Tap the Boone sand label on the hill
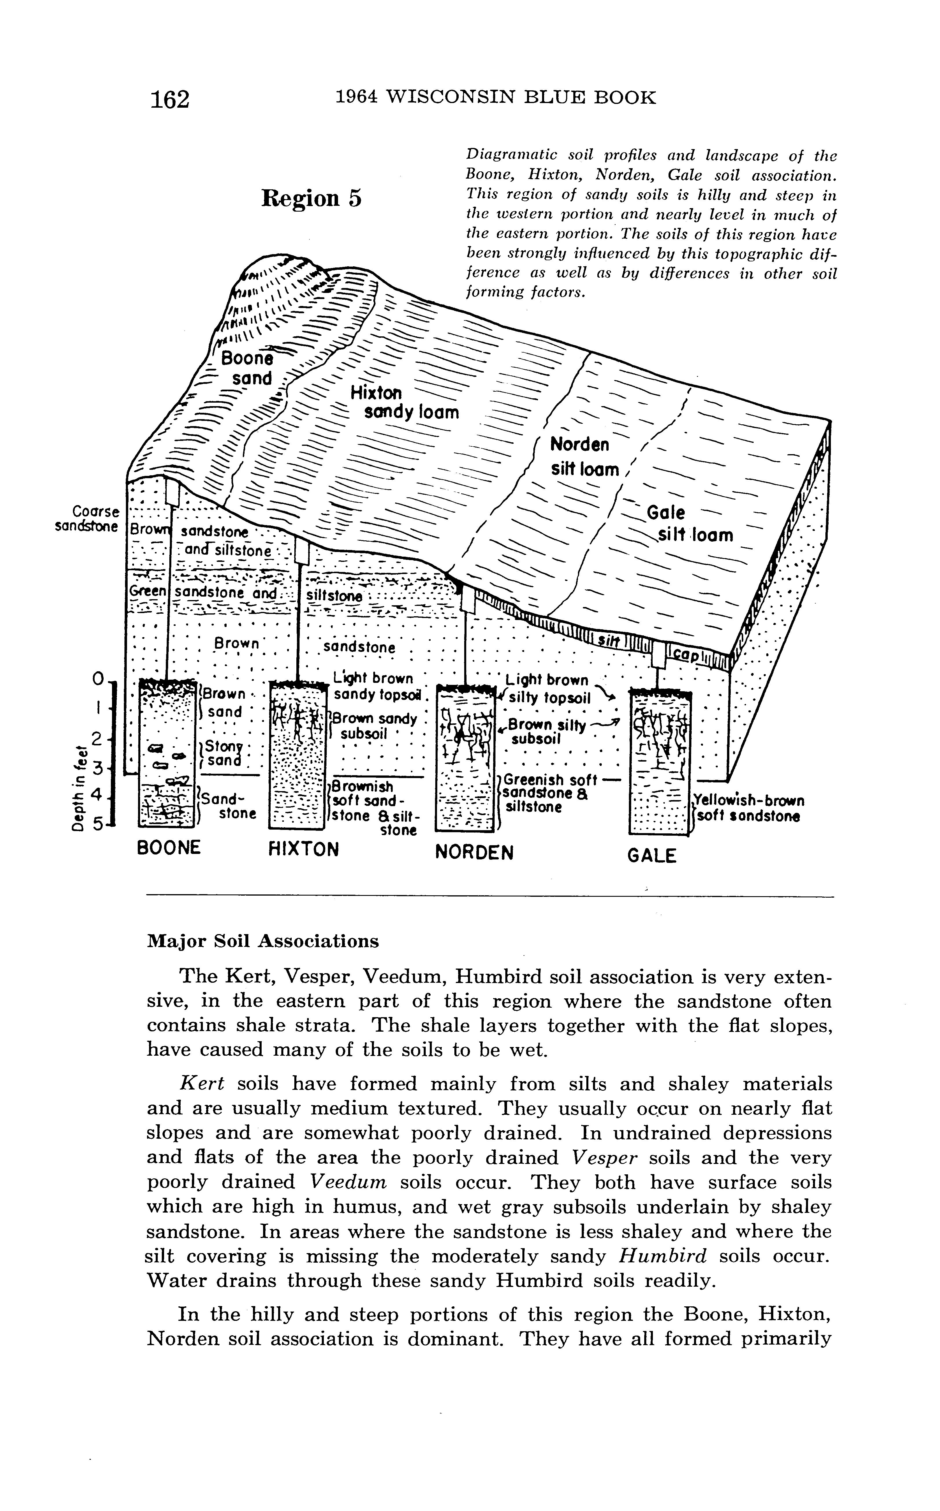(249, 368)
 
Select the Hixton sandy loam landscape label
(404, 403)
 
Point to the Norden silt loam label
(584, 457)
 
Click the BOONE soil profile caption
(168, 848)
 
